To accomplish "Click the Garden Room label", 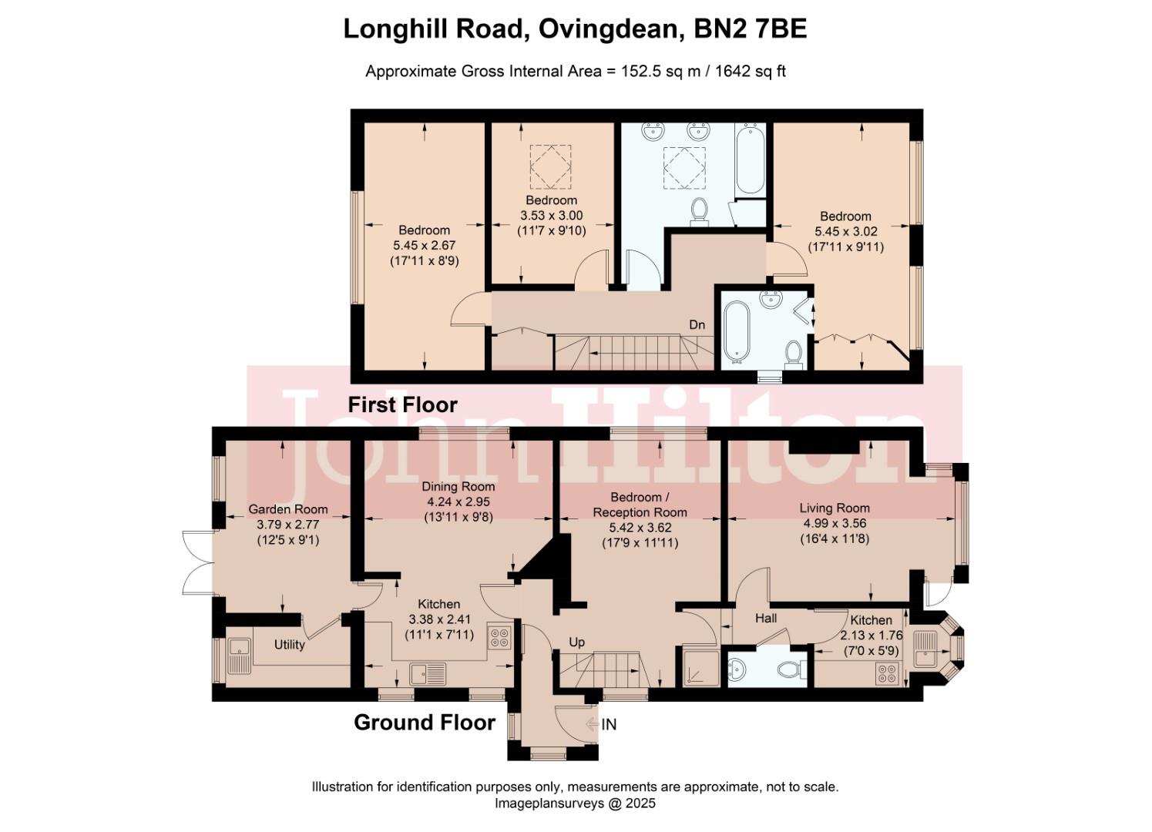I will point(287,509).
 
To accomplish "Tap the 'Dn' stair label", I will point(697,325).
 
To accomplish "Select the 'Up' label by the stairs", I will point(577,642).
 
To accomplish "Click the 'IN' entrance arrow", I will point(601,724).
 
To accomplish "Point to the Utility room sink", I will point(239,656).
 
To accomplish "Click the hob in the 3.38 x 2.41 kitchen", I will point(499,638).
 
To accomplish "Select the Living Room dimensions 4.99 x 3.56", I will point(834,523).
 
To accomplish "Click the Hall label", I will point(766,618).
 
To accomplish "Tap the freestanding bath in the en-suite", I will point(737,332).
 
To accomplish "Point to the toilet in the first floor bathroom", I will point(700,210).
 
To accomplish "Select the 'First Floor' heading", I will point(402,404).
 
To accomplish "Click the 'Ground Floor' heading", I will point(425,723).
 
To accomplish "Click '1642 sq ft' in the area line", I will point(751,72).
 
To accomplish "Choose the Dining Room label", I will point(458,486).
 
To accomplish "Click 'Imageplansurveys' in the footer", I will point(542,803).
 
